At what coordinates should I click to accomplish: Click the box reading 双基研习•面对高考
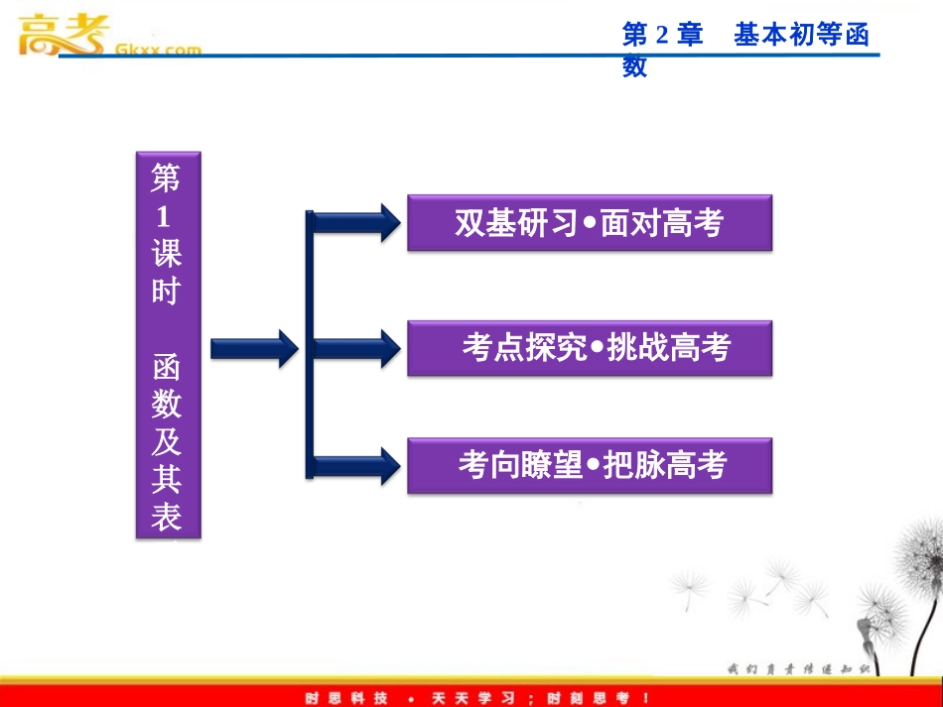[x=589, y=222]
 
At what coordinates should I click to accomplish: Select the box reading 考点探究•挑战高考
[x=589, y=347]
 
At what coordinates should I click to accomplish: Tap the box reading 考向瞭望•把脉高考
[x=589, y=465]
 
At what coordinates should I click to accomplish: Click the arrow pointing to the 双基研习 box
[x=357, y=222]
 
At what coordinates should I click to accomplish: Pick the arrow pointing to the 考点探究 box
[x=357, y=348]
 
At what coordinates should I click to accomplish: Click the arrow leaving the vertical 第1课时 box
[x=253, y=348]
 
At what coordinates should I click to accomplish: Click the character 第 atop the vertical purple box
[x=166, y=179]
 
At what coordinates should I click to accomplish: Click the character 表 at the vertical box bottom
[x=167, y=517]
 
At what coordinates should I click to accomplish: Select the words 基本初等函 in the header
[x=801, y=36]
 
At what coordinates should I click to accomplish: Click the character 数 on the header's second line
[x=634, y=66]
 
